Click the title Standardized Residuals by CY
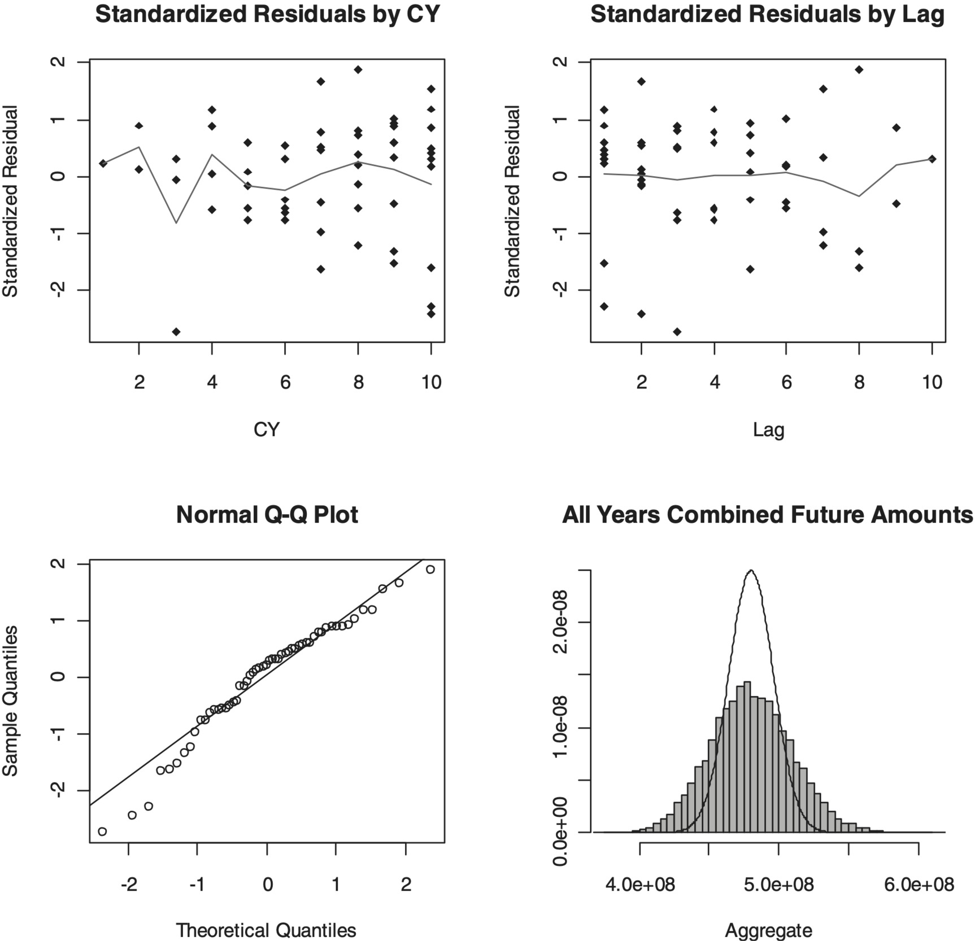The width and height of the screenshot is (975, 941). point(267,14)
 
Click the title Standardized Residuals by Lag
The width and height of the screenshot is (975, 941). point(767,14)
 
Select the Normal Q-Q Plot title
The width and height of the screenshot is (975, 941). point(267,514)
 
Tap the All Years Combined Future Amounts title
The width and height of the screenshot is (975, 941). point(767,514)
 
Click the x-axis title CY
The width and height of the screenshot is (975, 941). point(267,430)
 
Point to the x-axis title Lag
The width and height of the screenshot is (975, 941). point(768,430)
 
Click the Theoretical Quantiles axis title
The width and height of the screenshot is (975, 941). point(266,930)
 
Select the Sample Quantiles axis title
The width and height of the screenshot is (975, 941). point(11,701)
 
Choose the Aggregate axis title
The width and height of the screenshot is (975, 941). point(768,930)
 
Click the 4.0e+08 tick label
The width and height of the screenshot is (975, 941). point(640,884)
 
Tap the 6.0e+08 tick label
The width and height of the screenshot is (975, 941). point(919,884)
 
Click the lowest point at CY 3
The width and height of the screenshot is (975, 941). point(176,331)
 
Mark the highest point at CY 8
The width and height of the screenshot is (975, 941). point(358,69)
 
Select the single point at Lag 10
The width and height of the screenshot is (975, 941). point(932,159)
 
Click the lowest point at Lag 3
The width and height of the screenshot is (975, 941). point(677,331)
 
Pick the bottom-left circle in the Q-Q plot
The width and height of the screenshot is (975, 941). point(102,831)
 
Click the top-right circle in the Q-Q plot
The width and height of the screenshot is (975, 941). point(430,569)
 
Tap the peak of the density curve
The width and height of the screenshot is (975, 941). point(751,570)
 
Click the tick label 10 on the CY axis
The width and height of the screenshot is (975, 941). point(431,382)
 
